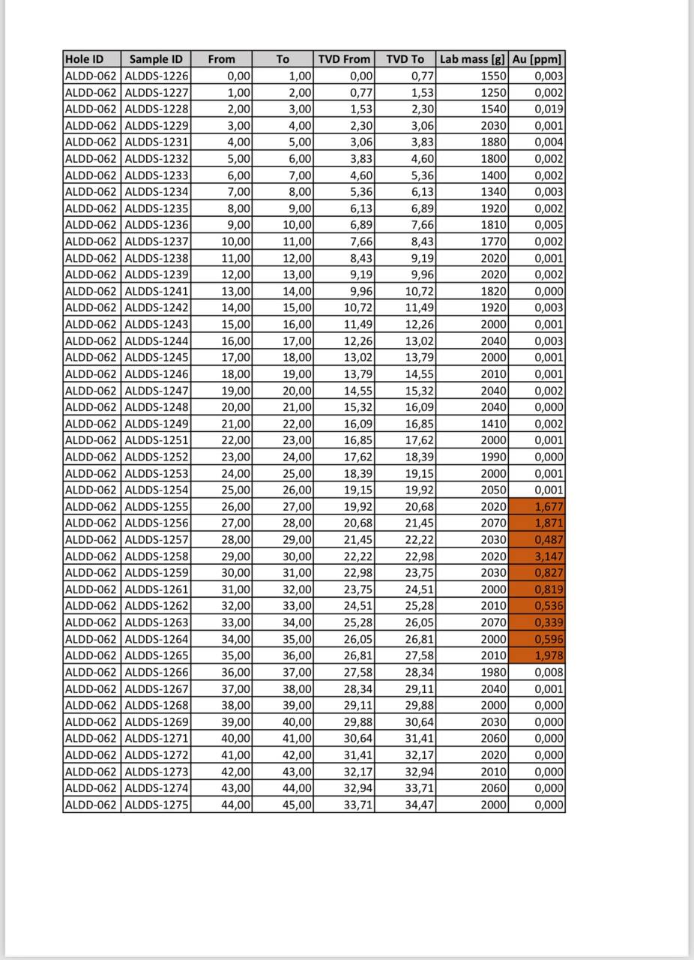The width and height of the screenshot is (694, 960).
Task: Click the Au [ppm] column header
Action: [x=537, y=59]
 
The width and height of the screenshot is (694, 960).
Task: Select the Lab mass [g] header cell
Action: [x=472, y=59]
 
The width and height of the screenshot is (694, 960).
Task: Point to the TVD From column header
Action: [x=344, y=59]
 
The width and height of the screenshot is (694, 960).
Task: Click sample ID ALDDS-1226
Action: [x=156, y=76]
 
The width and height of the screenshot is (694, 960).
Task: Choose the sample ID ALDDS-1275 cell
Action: [x=156, y=805]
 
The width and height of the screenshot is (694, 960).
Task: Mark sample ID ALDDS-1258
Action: [x=156, y=556]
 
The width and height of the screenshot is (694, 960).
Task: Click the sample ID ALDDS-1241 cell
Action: [x=156, y=291]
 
